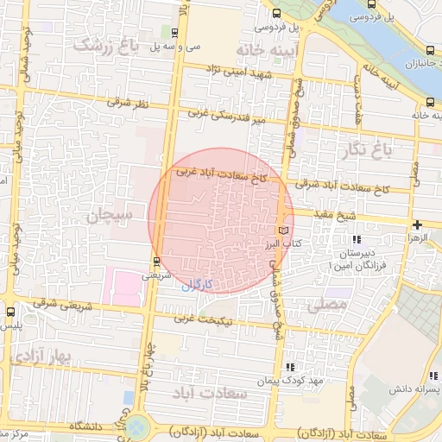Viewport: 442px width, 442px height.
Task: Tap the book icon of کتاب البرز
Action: click(x=284, y=230)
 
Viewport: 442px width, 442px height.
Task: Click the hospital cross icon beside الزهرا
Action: click(x=417, y=224)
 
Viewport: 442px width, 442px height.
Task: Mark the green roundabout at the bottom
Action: click(x=136, y=426)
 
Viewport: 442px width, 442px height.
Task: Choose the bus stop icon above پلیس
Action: click(x=10, y=312)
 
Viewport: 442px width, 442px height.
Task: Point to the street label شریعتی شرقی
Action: click(x=57, y=303)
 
